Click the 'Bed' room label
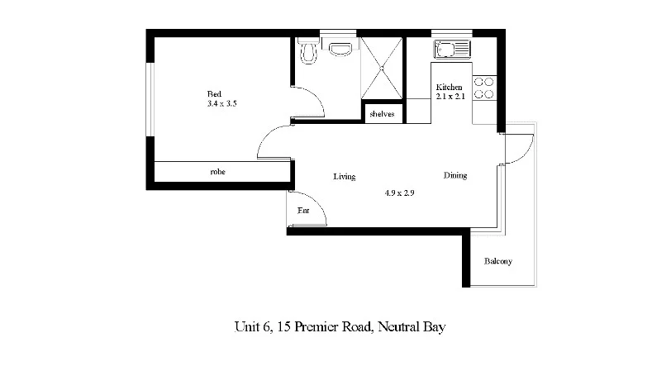point(213,93)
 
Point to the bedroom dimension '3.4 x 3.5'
point(222,104)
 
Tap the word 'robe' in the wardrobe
point(218,172)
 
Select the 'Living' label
point(344,176)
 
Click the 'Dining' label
point(454,175)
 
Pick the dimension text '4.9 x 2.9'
point(399,193)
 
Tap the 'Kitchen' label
point(450,87)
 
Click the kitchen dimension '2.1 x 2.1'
point(451,97)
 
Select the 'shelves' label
point(382,114)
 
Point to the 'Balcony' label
point(498,262)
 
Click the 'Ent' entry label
point(302,212)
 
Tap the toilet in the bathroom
point(308,52)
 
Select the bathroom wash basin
point(340,48)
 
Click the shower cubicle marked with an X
point(382,68)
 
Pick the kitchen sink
point(451,49)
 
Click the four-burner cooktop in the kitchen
point(484,88)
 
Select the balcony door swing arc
point(517,149)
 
